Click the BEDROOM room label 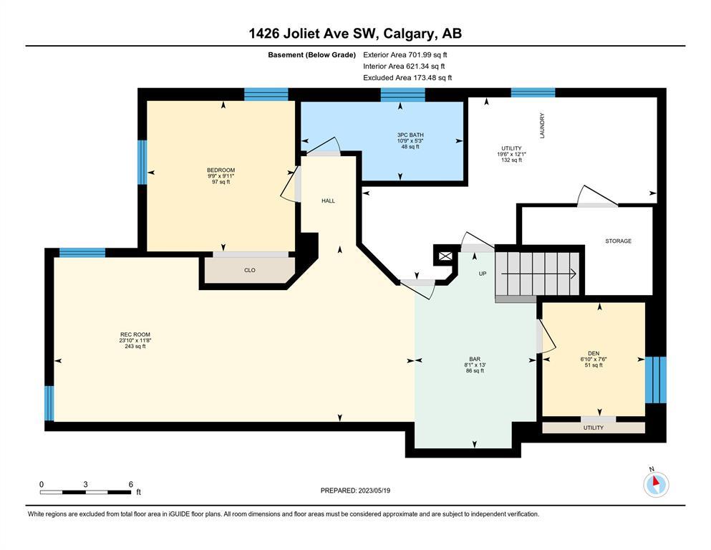point(221,170)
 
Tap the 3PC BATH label point(410,135)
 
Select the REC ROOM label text point(135,334)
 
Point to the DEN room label point(594,353)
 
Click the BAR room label point(475,359)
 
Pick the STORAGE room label point(619,241)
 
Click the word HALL point(329,201)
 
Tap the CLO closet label point(250,270)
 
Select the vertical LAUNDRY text point(542,125)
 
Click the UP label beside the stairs point(483,274)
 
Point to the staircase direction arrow point(538,274)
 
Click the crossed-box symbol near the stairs point(445,256)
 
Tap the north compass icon point(656,484)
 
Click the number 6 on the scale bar point(131,484)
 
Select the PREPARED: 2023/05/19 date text point(355,491)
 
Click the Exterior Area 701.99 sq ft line point(405,55)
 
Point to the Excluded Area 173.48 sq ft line point(407,77)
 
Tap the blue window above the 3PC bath point(402,95)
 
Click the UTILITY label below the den point(594,428)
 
